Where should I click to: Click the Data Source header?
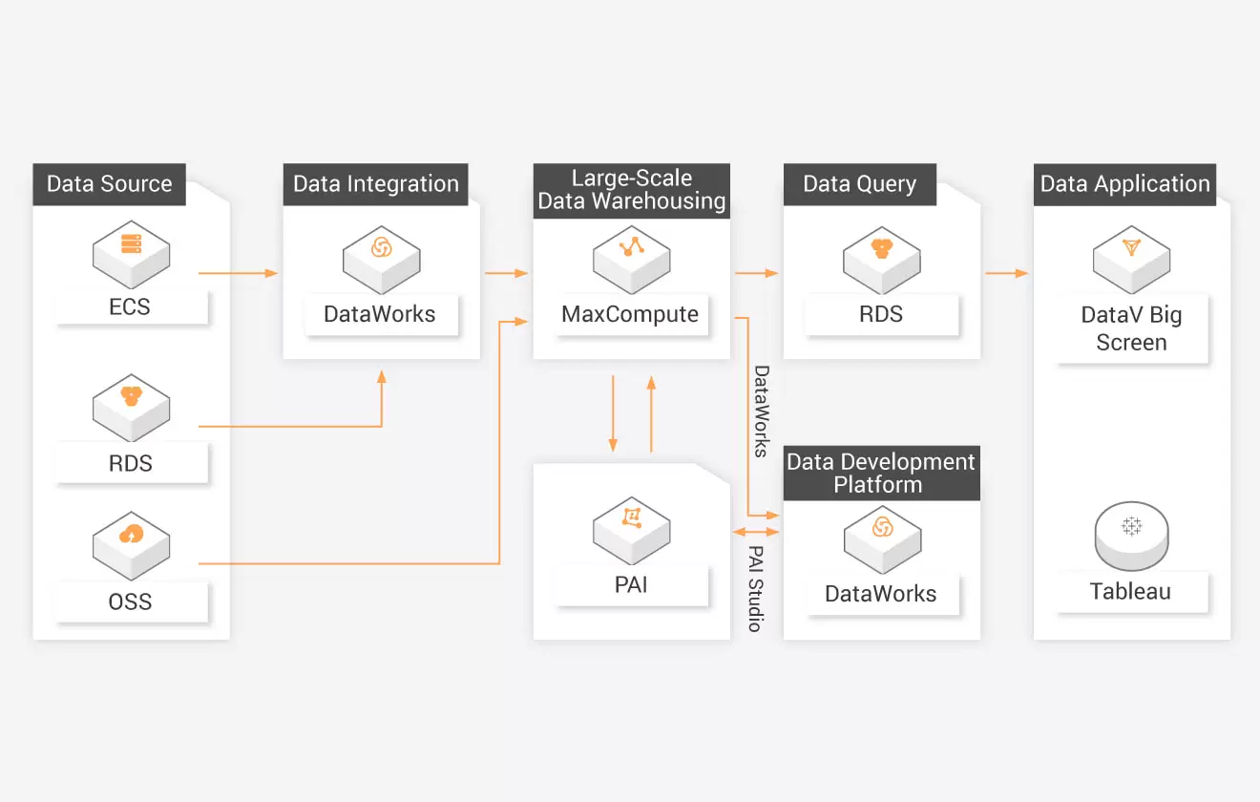pyautogui.click(x=110, y=184)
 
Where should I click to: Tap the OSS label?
pyautogui.click(x=131, y=602)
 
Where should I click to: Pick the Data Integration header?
pyautogui.click(x=376, y=184)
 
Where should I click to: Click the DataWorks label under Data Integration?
pyautogui.click(x=380, y=314)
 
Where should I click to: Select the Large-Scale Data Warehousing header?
pyautogui.click(x=632, y=190)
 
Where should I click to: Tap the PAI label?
pyautogui.click(x=631, y=584)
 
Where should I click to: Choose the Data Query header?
pyautogui.click(x=860, y=184)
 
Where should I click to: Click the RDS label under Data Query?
pyautogui.click(x=881, y=314)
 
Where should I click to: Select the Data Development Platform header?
pyautogui.click(x=881, y=473)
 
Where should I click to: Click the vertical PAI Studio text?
pyautogui.click(x=755, y=588)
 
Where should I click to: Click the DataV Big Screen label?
pyautogui.click(x=1131, y=328)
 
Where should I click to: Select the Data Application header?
pyautogui.click(x=1125, y=184)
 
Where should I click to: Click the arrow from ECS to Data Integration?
pyautogui.click(x=238, y=273)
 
